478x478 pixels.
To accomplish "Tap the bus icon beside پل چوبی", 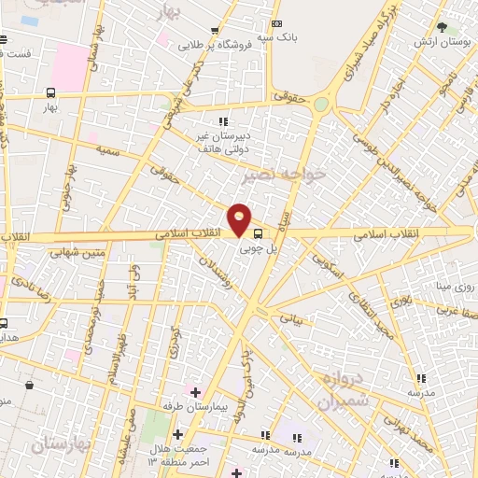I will (259, 234).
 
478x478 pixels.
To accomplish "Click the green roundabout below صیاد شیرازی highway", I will (322, 105).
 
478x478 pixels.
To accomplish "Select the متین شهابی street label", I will (79, 251).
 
